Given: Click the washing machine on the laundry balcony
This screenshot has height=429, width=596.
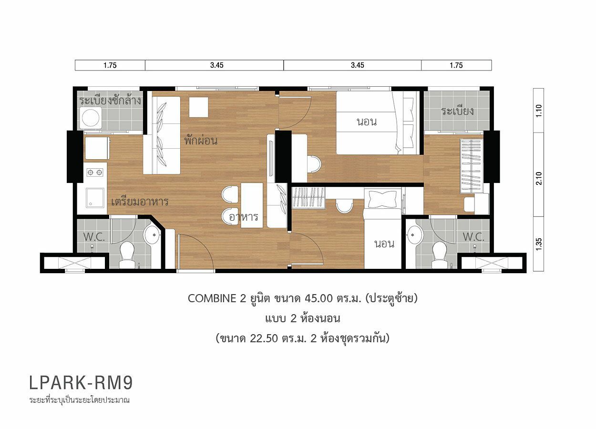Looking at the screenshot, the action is tap(91, 118).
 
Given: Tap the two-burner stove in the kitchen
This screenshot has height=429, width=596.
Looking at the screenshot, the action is tap(95, 173).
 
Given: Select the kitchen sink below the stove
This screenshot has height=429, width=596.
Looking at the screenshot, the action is tap(95, 198).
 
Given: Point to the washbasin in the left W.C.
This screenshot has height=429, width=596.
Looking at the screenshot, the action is tap(152, 235).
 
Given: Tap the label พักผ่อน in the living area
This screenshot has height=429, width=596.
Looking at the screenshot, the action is tap(201, 140).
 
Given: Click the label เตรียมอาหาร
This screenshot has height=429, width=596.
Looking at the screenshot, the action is tap(140, 202).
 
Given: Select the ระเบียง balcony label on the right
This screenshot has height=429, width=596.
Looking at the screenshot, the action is tap(457, 111).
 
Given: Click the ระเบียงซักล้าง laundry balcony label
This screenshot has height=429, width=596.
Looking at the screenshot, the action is tap(110, 101).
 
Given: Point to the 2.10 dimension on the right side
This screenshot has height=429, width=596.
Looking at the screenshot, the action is tap(539, 178).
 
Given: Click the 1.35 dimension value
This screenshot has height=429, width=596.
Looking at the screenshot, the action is tap(539, 244).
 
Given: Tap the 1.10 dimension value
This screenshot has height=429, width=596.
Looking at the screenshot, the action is tap(539, 111).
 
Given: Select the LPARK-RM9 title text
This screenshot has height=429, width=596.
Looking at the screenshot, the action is tap(81, 383).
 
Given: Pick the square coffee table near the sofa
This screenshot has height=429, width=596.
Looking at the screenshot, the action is tap(198, 107).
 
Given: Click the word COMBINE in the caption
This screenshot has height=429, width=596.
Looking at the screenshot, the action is tap(212, 299).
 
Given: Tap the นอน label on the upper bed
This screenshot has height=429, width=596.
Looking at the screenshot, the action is tap(367, 122).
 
